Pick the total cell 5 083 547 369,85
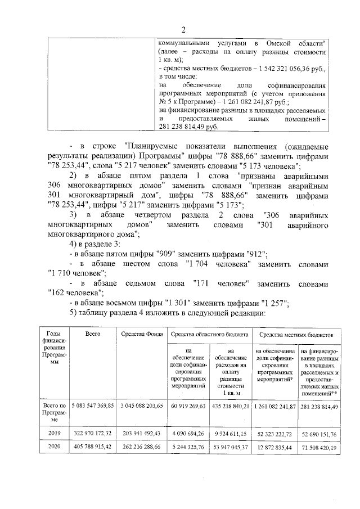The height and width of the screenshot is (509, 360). point(93,405)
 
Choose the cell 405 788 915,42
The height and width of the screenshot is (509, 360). point(93,448)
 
